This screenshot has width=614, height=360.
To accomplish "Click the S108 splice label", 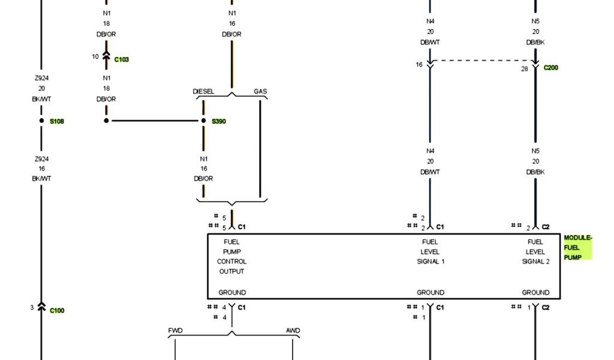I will (x=57, y=121).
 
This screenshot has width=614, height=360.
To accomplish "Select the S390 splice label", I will (x=219, y=121).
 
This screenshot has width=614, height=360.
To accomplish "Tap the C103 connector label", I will (x=122, y=60).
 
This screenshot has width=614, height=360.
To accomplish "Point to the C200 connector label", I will (x=550, y=68).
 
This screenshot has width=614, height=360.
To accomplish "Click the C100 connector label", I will (x=57, y=311).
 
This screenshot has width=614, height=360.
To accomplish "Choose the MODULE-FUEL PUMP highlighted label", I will (x=577, y=248).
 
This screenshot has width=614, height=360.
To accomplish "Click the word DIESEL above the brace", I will (x=203, y=92).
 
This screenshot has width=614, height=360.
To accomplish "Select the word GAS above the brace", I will (x=260, y=92).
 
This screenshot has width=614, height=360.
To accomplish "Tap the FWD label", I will (x=175, y=331).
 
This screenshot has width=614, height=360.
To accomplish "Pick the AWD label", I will (x=293, y=331).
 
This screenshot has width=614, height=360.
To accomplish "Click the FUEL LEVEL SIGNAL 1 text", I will (x=431, y=252).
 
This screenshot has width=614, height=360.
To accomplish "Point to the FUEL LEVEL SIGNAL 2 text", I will (x=535, y=252).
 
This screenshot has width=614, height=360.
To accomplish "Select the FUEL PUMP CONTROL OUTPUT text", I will (x=231, y=257).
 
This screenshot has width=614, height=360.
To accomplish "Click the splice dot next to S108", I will (x=41, y=121).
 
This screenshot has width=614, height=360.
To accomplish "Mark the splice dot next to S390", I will (x=204, y=121).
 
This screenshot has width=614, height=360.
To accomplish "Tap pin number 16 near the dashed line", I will (x=419, y=64).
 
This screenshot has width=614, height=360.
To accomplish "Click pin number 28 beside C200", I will (x=524, y=70).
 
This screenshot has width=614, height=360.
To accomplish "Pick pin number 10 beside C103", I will (x=95, y=57).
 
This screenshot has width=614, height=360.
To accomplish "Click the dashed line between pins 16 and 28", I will (x=483, y=60).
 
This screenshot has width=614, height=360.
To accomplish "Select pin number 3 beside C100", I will (x=32, y=308).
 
